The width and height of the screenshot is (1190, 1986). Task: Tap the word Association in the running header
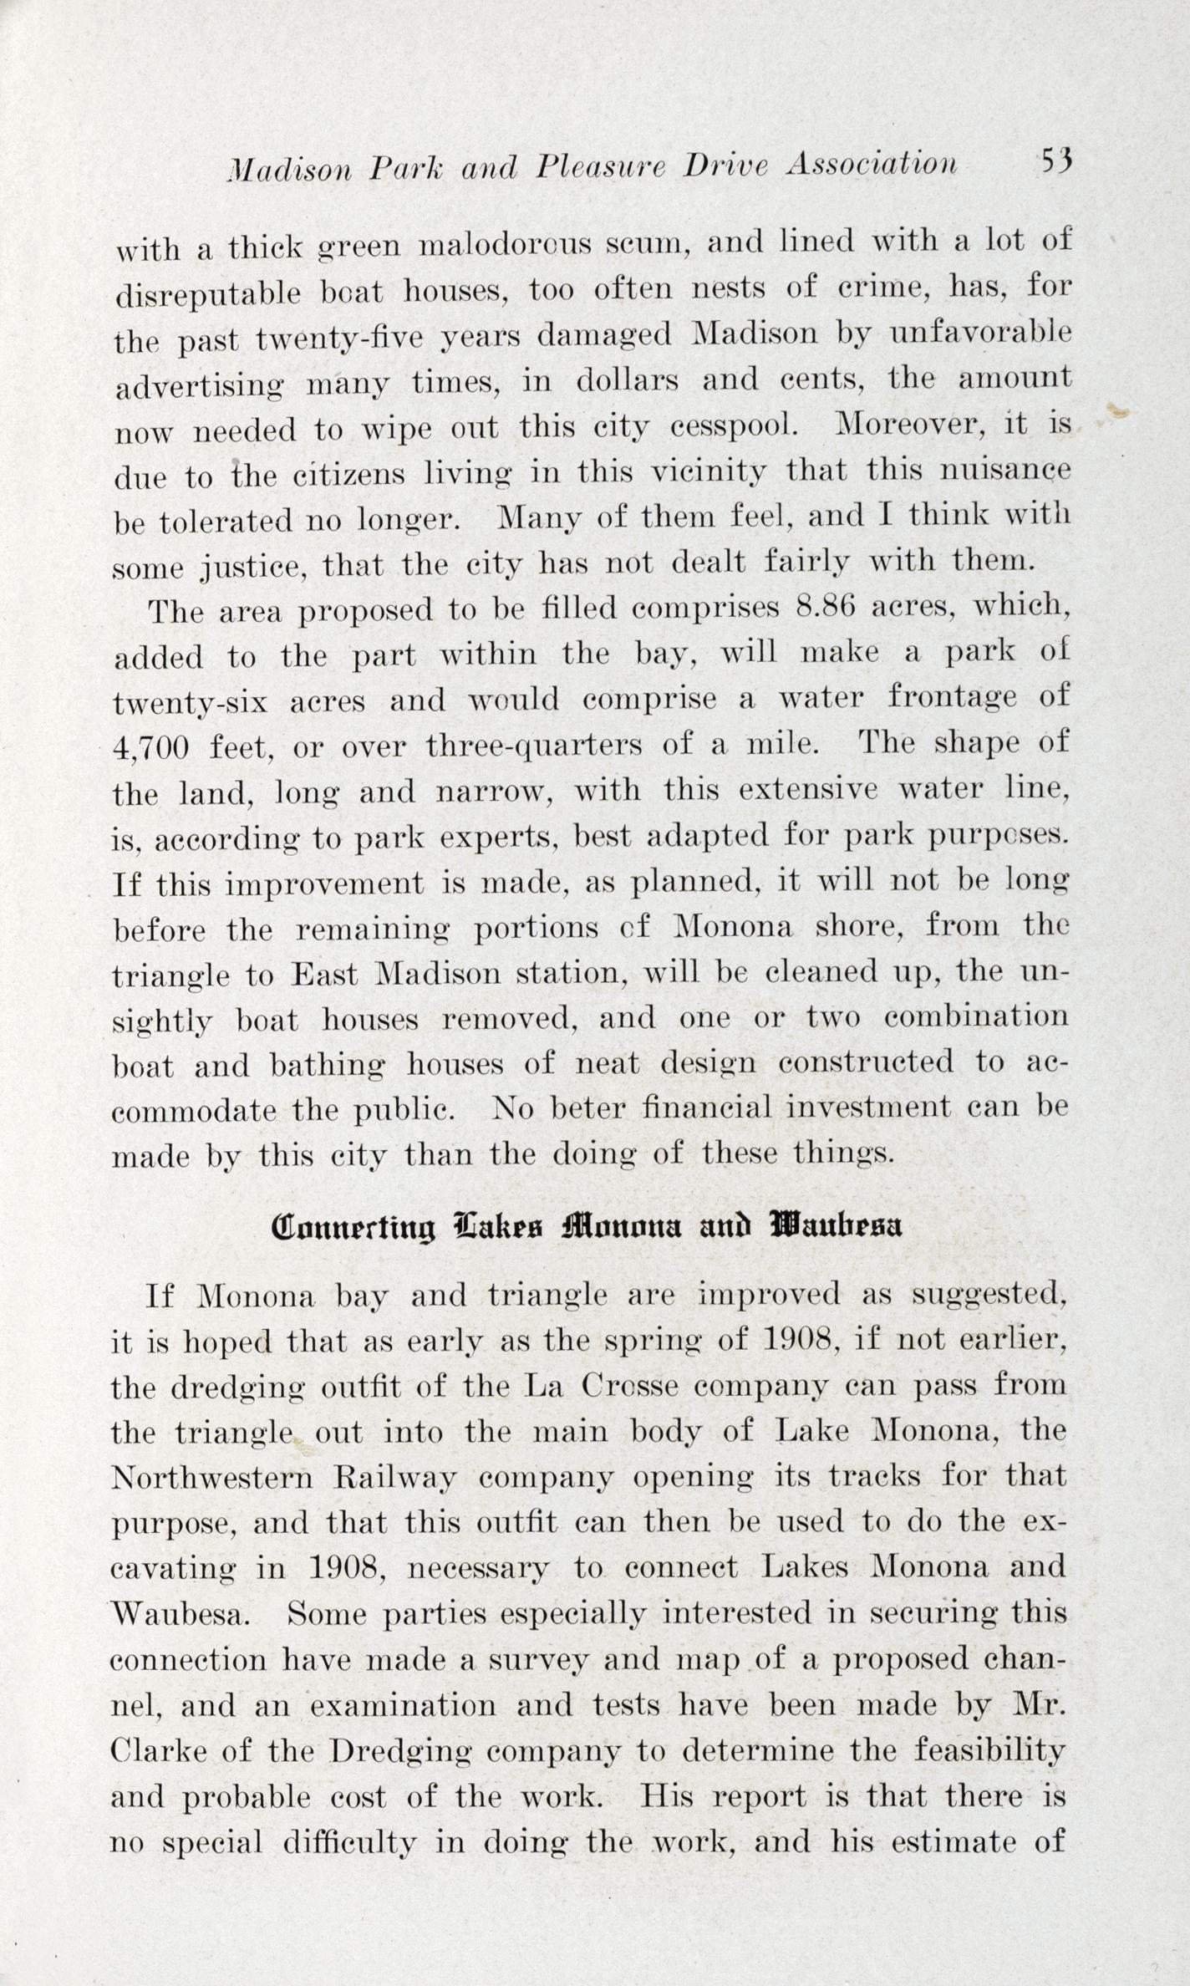point(871,165)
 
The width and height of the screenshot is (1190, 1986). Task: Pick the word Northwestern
point(212,1477)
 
